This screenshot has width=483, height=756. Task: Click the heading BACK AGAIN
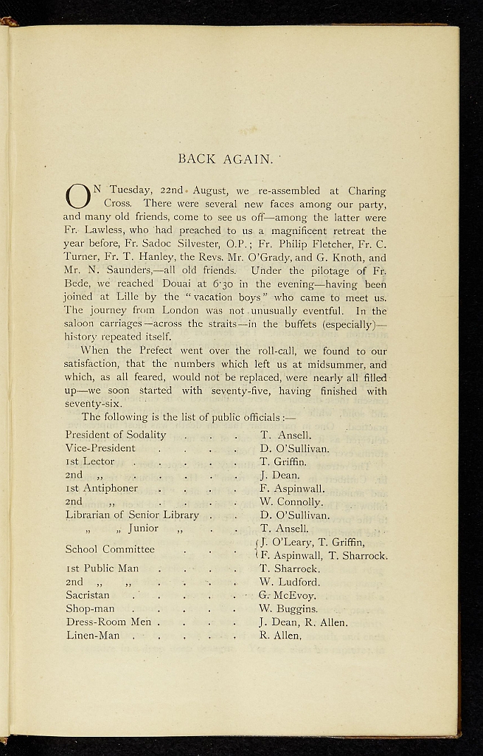click(226, 158)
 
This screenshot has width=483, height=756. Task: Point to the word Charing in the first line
click(366, 190)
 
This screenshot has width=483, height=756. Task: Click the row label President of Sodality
click(116, 435)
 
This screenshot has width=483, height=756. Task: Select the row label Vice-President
click(100, 448)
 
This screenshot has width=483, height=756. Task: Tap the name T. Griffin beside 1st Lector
click(283, 461)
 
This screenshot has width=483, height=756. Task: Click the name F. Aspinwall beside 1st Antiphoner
click(292, 488)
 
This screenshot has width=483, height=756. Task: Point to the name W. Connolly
click(291, 502)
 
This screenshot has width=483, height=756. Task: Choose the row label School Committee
click(110, 549)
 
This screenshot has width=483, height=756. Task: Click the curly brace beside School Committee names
click(255, 549)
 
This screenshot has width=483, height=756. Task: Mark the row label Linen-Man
click(92, 635)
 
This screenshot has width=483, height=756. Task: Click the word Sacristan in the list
click(87, 595)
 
